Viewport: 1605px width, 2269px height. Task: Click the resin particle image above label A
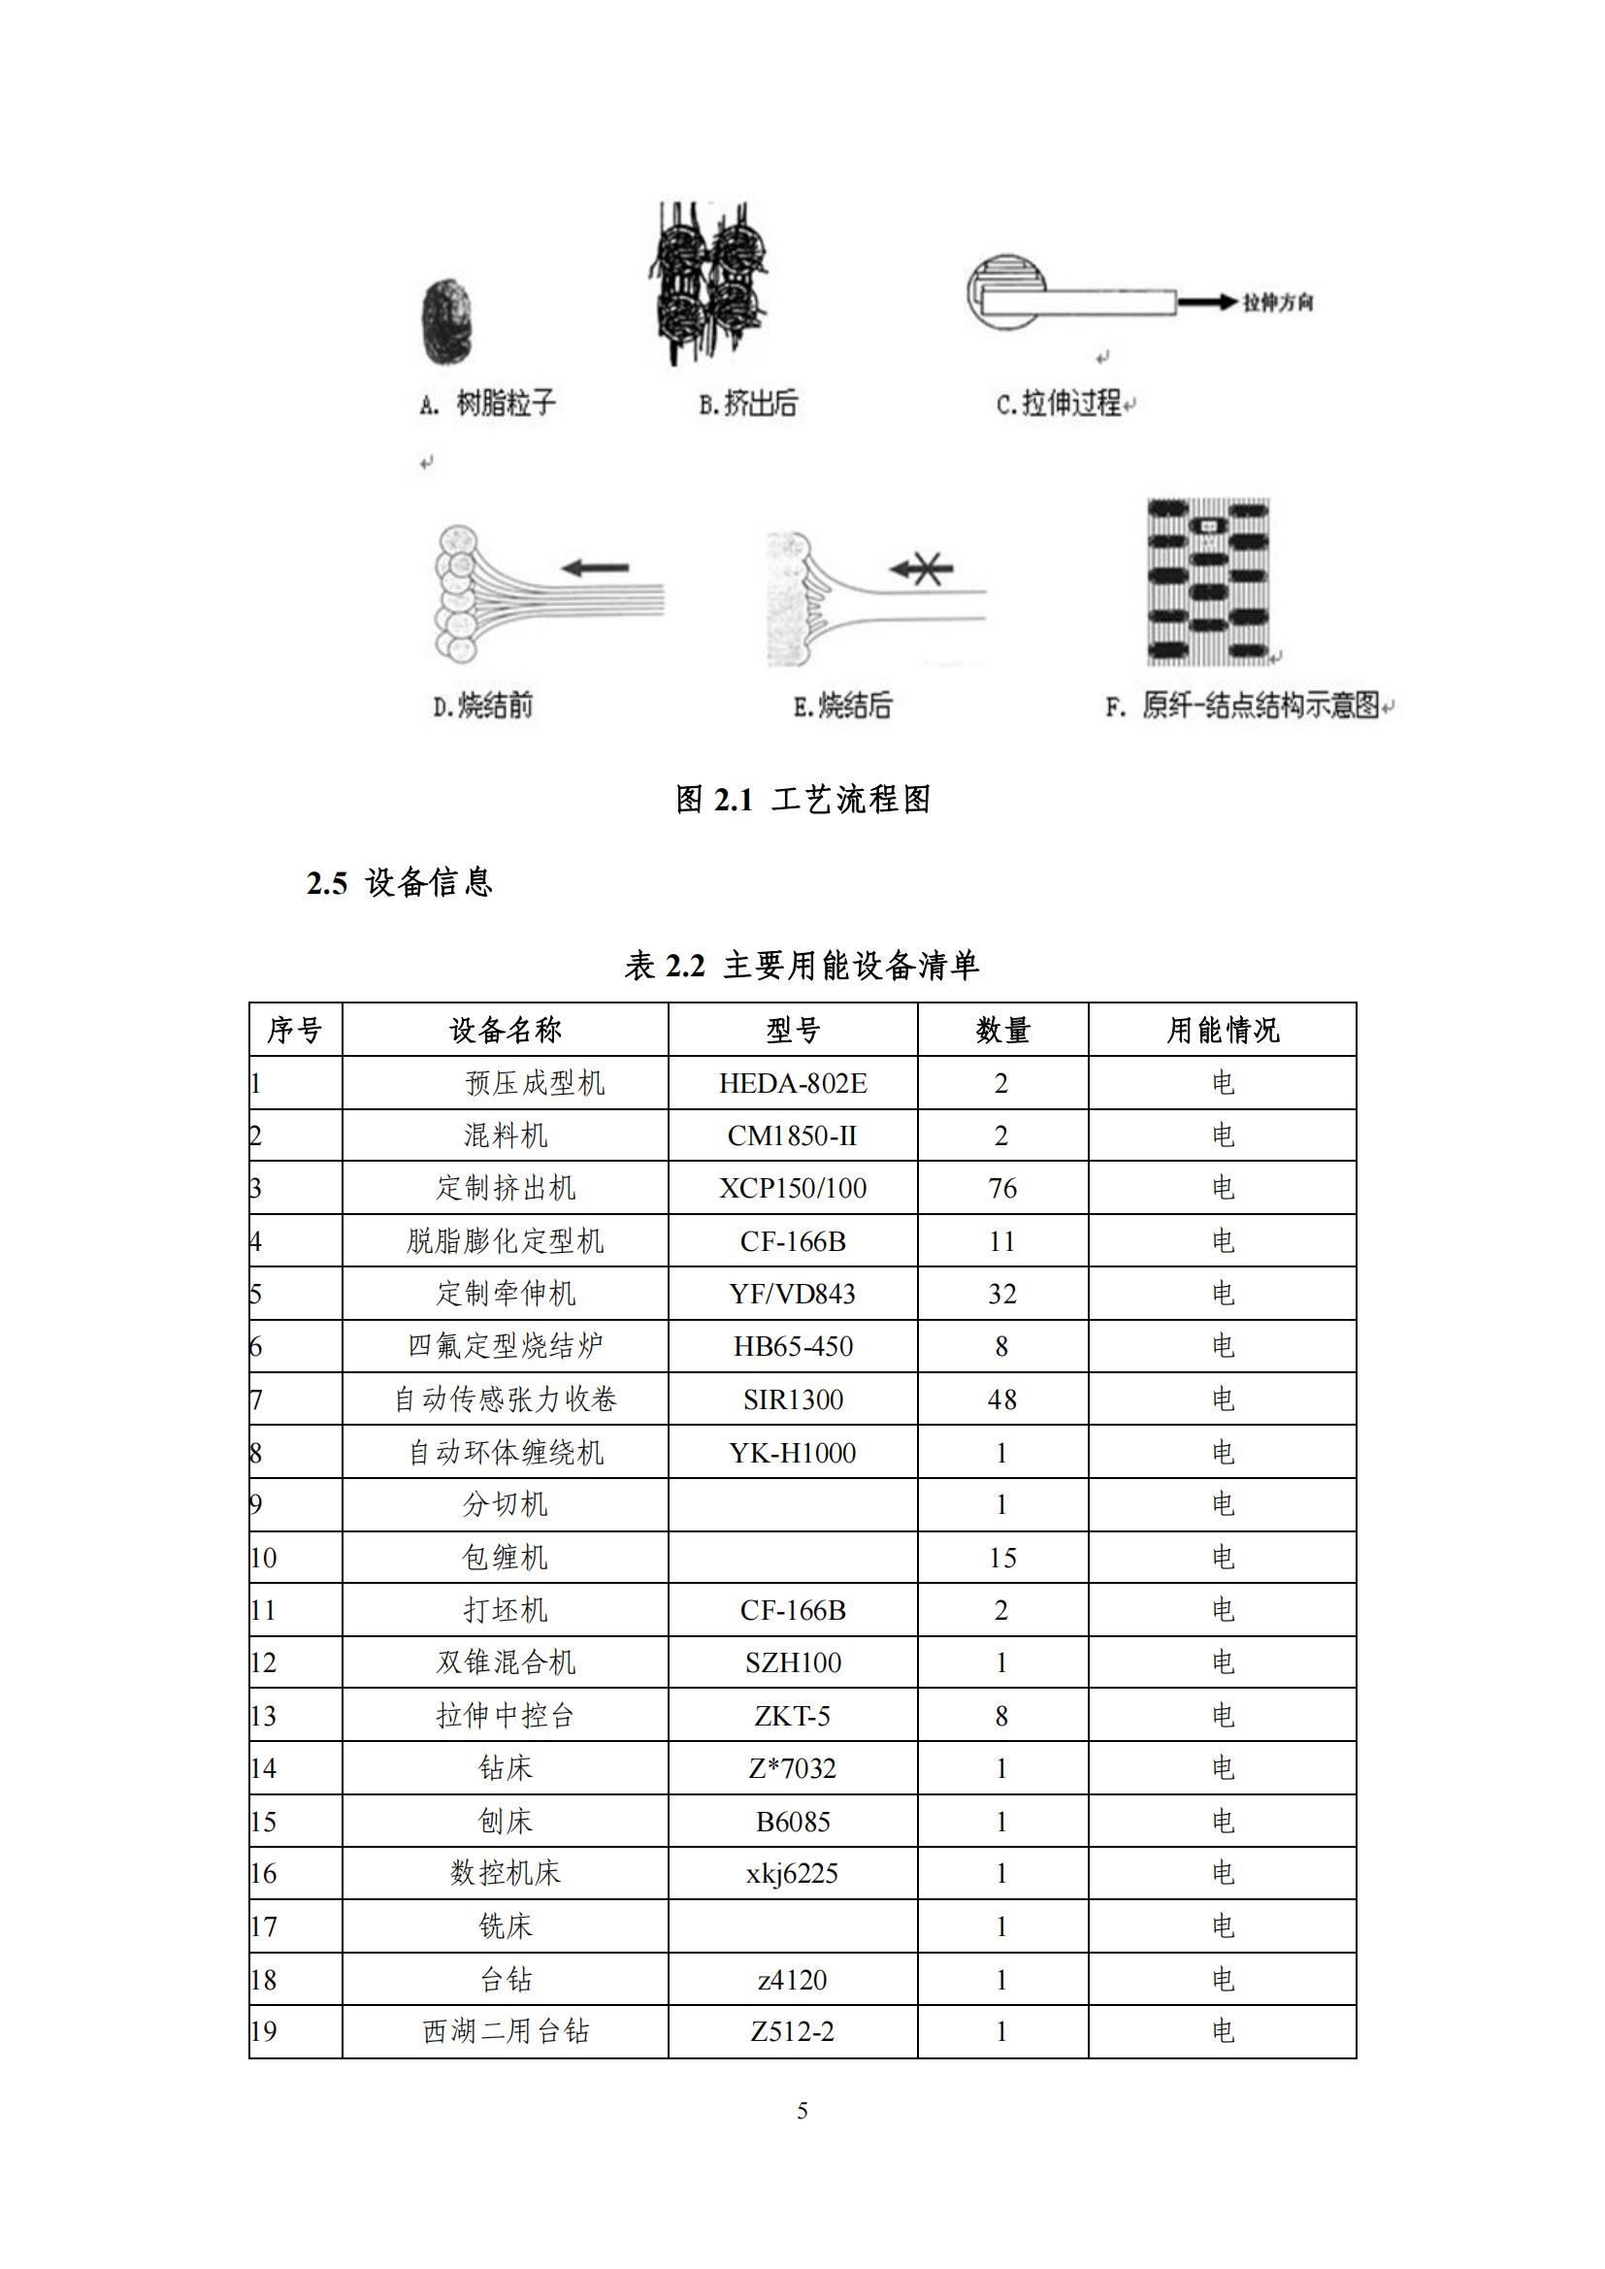tap(446, 322)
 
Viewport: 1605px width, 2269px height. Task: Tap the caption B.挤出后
tap(747, 404)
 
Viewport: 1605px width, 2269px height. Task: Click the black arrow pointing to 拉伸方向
tap(1207, 303)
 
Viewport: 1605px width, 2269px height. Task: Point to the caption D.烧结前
tap(483, 706)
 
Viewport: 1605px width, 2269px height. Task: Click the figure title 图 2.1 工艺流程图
tap(802, 800)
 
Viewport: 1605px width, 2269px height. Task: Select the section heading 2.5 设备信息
tap(399, 882)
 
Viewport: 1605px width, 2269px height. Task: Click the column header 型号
tap(793, 1031)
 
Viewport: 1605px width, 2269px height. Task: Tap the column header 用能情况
tap(1223, 1031)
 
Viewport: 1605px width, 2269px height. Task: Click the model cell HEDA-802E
tap(793, 1084)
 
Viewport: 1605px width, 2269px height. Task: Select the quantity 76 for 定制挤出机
tap(1002, 1189)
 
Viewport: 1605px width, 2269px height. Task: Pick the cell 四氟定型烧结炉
tap(505, 1346)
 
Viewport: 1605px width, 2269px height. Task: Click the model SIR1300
tap(793, 1399)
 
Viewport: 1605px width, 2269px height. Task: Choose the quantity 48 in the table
tap(1002, 1399)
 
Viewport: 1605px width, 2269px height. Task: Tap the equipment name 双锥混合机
tap(505, 1662)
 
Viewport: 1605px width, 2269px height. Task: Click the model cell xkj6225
tap(793, 1874)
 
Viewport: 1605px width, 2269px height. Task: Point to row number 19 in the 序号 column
tap(264, 2032)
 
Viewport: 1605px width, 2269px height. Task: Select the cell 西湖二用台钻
tap(505, 2032)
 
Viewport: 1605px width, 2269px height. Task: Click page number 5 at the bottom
tap(802, 2111)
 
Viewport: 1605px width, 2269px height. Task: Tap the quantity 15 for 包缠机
tap(1002, 1559)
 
